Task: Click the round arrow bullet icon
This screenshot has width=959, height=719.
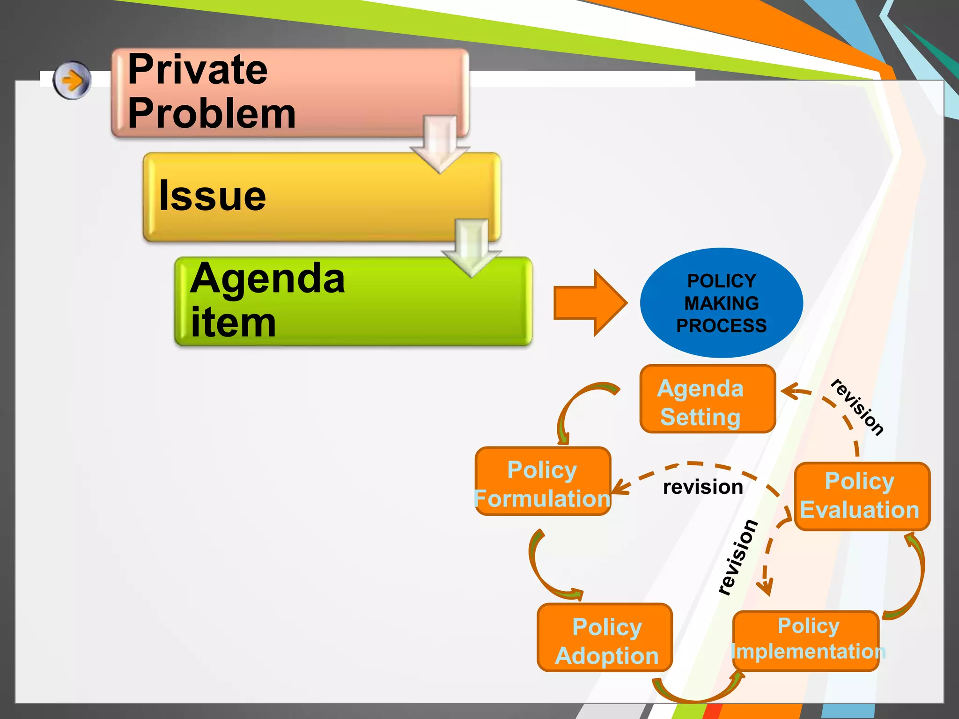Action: (72, 80)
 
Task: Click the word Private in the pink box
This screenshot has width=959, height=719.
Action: (197, 70)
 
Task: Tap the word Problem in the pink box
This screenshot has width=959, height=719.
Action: (211, 113)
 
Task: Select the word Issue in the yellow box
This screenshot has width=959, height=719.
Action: (212, 196)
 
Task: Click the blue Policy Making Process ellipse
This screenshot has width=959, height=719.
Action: (721, 303)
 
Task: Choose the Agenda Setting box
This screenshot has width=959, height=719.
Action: (708, 399)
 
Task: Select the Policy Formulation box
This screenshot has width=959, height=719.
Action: (543, 481)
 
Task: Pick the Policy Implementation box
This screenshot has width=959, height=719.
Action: (806, 640)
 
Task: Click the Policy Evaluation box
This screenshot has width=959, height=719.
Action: (862, 496)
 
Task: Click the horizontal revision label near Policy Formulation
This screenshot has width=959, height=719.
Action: (703, 487)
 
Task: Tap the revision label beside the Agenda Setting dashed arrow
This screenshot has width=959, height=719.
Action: (857, 407)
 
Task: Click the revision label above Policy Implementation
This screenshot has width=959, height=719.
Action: (738, 557)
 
